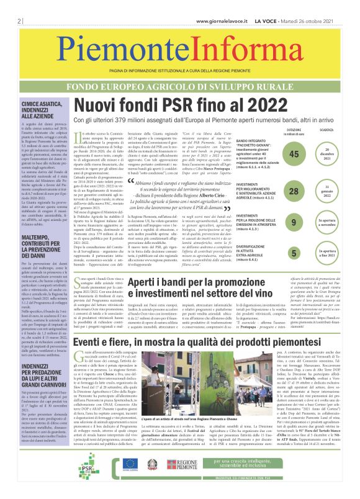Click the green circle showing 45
pyautogui.click(x=294, y=155)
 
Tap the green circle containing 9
pyautogui.click(x=294, y=222)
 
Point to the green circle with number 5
pyautogui.click(x=294, y=252)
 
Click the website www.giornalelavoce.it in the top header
pyautogui.click(x=223, y=5)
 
